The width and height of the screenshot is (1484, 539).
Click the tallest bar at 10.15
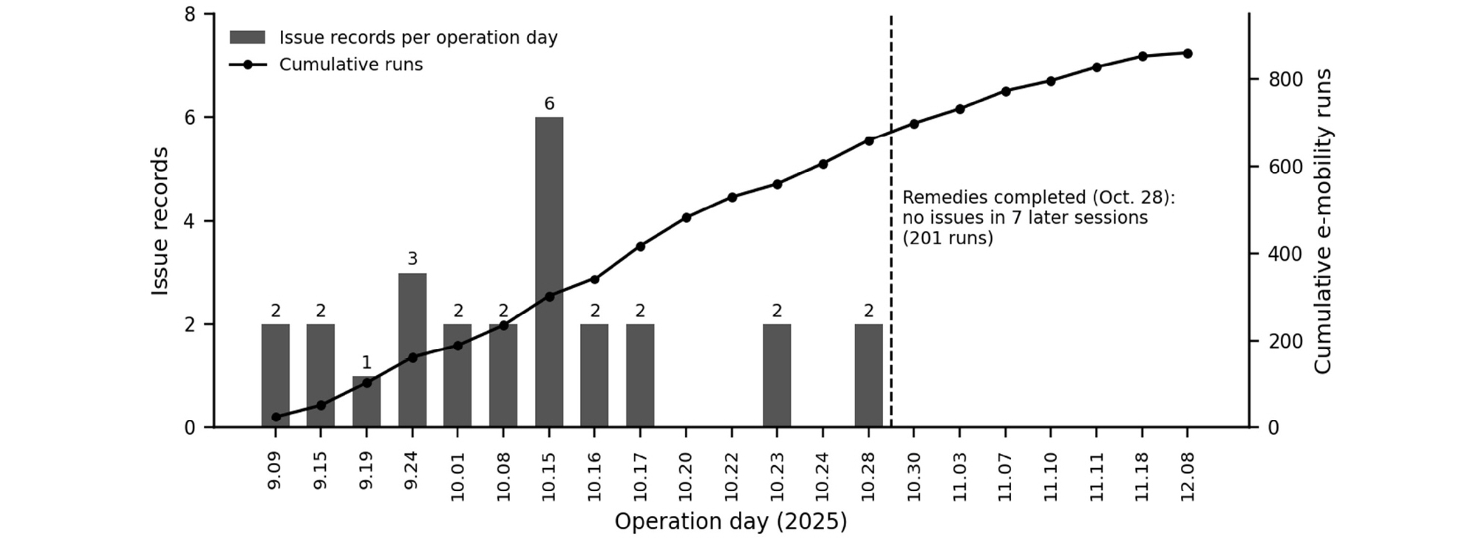coord(549,272)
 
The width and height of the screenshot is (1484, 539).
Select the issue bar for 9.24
coord(412,349)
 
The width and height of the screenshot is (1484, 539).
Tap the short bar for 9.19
coord(367,401)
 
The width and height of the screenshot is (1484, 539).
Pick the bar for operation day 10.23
coord(777,375)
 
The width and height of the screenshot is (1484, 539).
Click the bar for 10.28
coord(868,375)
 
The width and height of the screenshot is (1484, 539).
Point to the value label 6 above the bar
coord(549,104)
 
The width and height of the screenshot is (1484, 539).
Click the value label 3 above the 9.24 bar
coord(412,259)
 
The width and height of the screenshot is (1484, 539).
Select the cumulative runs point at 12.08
coord(1187,53)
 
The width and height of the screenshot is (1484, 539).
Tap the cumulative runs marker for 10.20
coord(686,217)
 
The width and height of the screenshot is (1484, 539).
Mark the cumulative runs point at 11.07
coord(1005,91)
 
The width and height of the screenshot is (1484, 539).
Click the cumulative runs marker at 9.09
coord(276,416)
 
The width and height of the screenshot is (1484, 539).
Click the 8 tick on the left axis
coord(191,14)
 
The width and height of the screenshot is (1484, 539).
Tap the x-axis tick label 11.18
coord(1143,476)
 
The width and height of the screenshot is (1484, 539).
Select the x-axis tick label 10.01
coord(457,476)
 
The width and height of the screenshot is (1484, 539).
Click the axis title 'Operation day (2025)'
coord(731,522)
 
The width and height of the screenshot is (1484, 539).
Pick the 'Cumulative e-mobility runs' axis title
coord(1323,221)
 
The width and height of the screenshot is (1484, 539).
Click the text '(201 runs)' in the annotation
coord(947,238)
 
